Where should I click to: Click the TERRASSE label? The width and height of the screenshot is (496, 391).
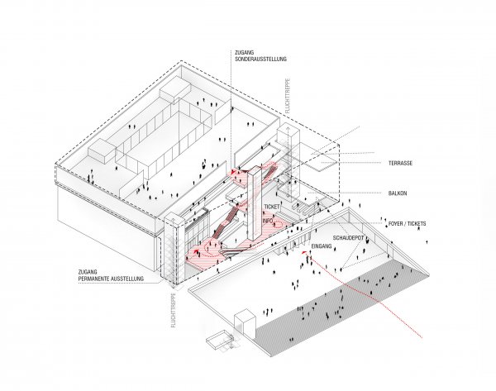click(x=400, y=163)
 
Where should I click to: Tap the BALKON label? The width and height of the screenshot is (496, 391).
click(x=398, y=193)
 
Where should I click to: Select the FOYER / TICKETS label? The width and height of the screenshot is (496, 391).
click(x=407, y=223)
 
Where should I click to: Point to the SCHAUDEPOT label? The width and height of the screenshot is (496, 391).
click(x=348, y=237)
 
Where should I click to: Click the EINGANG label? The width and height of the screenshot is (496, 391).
click(x=322, y=246)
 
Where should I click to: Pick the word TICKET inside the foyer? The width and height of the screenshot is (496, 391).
click(x=272, y=207)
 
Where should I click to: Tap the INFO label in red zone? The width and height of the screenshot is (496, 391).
click(x=268, y=221)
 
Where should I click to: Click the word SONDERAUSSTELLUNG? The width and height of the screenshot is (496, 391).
click(x=260, y=59)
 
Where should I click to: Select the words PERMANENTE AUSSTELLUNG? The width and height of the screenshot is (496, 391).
click(x=111, y=279)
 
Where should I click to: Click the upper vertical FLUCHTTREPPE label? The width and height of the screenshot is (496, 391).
click(x=287, y=96)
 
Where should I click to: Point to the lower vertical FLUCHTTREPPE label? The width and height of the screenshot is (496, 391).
click(x=173, y=310)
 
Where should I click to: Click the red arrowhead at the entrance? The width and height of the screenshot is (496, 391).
click(x=304, y=252)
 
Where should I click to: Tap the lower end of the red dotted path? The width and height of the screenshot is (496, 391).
click(x=422, y=337)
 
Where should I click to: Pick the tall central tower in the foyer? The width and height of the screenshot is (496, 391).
click(x=255, y=205)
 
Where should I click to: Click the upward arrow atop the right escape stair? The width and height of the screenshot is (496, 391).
click(x=288, y=130)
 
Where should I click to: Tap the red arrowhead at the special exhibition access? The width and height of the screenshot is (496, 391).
click(x=233, y=172)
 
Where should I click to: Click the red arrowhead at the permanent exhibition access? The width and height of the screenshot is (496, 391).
click(x=197, y=251)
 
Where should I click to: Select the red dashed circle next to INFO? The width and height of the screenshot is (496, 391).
click(x=279, y=224)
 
